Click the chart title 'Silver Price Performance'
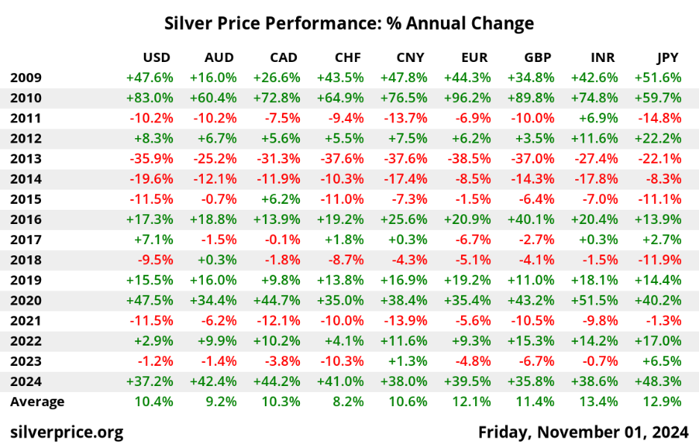(x=349, y=23)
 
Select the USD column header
(x=157, y=57)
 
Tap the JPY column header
(x=667, y=57)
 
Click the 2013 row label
(x=26, y=158)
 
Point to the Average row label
(x=37, y=401)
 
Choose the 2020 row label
(x=26, y=300)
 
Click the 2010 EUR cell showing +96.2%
(x=467, y=98)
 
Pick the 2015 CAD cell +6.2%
(x=280, y=199)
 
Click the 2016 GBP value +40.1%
(x=530, y=219)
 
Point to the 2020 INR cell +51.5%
(x=595, y=300)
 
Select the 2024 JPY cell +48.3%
(x=658, y=381)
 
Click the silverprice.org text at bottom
(x=66, y=432)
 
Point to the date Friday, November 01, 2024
(x=583, y=432)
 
